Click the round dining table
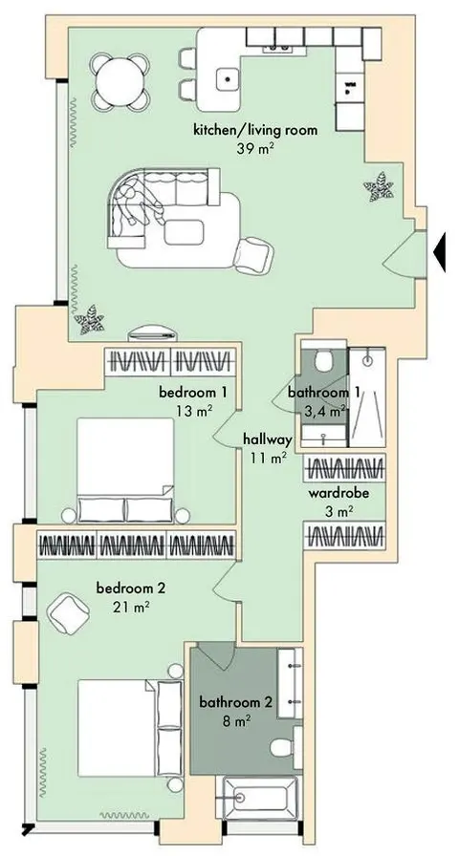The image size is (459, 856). (120, 81)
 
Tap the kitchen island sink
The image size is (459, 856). (228, 79)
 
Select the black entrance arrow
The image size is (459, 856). (440, 251)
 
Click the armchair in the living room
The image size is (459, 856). (253, 255)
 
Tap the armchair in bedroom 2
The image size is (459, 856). (69, 613)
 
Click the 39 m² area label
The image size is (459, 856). (254, 148)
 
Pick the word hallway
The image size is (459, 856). (268, 439)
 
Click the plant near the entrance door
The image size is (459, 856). (379, 186)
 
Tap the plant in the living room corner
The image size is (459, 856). (89, 319)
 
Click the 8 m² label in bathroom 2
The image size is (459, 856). (236, 721)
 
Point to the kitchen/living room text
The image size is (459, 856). (255, 131)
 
